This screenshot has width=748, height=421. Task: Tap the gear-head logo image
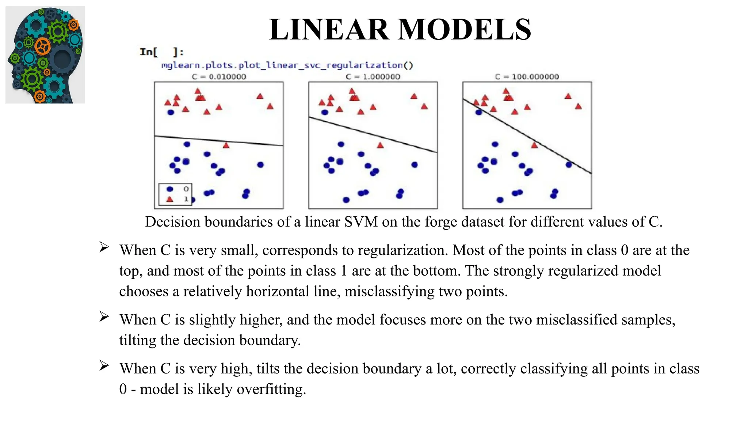point(45,55)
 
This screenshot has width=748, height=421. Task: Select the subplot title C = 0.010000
point(219,77)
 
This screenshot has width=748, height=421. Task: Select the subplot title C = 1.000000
point(373,77)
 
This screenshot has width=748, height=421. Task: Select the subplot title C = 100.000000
point(527,77)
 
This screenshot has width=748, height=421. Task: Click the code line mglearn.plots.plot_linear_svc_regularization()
point(287,65)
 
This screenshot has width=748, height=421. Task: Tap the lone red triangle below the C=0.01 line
point(226,145)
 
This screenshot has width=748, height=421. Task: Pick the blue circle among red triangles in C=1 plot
point(325,112)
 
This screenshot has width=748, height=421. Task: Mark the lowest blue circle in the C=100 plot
point(500,200)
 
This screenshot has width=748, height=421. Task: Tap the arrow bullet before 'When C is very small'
point(104,247)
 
